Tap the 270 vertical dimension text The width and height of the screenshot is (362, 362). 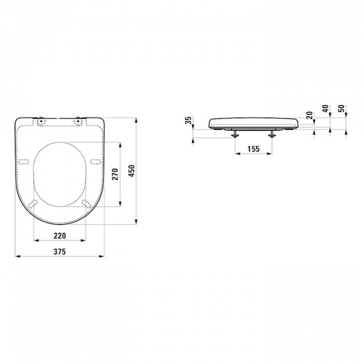115,174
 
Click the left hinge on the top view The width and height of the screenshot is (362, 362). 41,122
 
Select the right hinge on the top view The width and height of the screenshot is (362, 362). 78,122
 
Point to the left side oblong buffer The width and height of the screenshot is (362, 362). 24,160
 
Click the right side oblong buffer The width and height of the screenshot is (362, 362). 95,160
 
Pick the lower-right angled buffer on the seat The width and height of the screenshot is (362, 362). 87,203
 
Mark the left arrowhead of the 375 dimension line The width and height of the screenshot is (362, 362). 17,256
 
